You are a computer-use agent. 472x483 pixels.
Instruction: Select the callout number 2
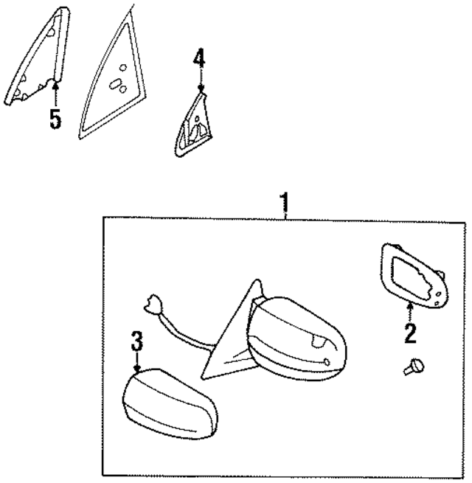[x=409, y=333]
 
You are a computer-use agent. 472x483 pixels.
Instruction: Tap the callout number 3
[x=136, y=342]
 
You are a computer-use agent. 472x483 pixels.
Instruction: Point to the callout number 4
[x=199, y=57]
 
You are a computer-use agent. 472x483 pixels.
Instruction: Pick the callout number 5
[x=55, y=119]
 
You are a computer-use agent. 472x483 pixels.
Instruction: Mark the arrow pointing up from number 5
[x=55, y=94]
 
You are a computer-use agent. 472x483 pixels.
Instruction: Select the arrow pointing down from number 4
[x=200, y=79]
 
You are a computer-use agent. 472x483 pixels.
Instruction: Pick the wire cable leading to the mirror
[x=184, y=336]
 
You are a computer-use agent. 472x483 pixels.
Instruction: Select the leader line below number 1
[x=286, y=212]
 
